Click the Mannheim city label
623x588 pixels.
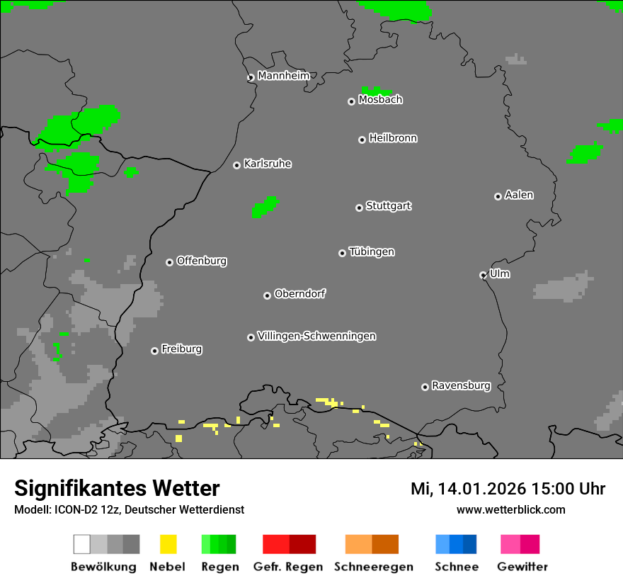pos(283,76)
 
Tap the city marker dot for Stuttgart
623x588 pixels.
pos(359,208)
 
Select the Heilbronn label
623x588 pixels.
pos(393,138)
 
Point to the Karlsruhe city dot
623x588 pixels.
pos(236,165)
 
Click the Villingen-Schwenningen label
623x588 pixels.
pos(316,336)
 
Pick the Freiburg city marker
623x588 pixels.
pos(154,351)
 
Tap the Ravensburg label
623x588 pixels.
pos(461,385)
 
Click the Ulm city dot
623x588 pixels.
pos(483,275)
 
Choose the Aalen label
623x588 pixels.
pos(519,195)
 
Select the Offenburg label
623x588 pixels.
pos(202,261)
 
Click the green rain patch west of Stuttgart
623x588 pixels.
pos(265,207)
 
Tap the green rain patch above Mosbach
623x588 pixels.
pos(375,91)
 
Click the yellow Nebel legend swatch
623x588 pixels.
pos(168,544)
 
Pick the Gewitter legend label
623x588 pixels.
pos(522,567)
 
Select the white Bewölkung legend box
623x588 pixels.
pos(81,544)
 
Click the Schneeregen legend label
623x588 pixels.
pos(374,567)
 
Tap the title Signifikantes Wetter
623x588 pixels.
pos(117,488)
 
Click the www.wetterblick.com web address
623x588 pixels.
pos(510,509)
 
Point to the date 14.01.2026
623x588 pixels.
pos(481,489)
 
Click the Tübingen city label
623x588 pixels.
pos(372,251)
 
